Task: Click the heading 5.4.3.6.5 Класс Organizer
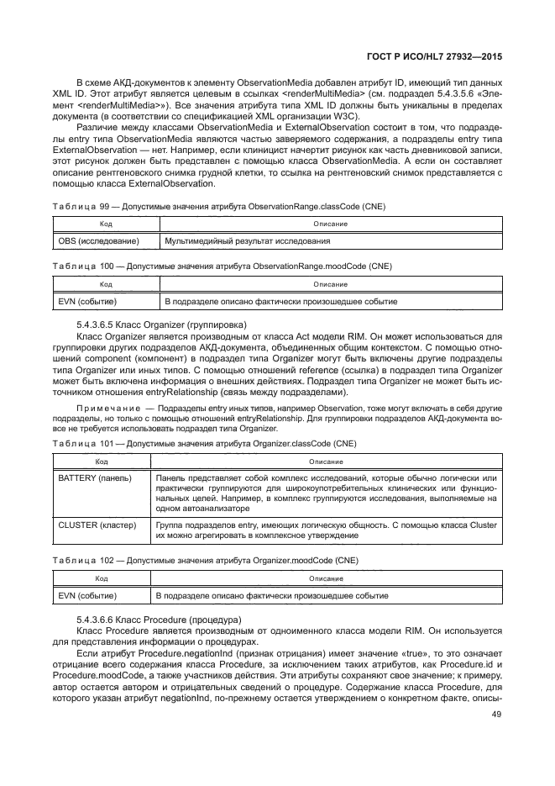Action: point(161,324)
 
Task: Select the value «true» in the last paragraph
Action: point(398,652)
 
